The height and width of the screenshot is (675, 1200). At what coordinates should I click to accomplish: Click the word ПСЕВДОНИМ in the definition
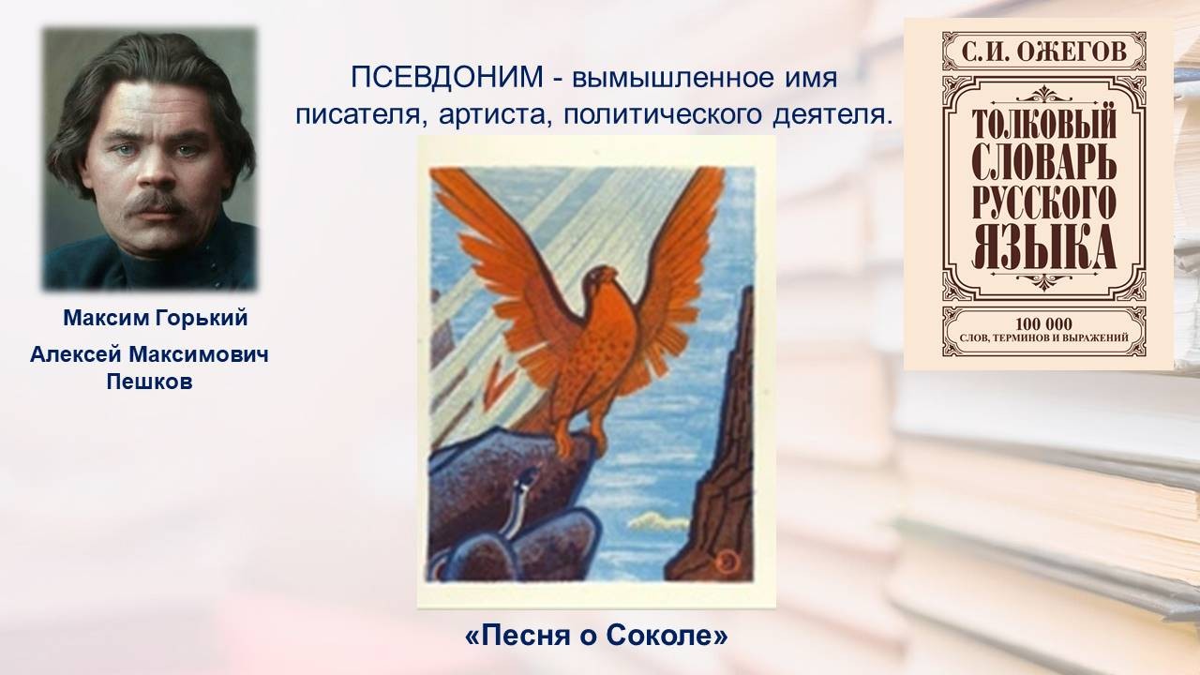coord(447,78)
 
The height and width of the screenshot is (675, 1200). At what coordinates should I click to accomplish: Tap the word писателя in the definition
coord(357,115)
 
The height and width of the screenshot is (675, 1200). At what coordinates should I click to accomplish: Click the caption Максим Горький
coord(156,318)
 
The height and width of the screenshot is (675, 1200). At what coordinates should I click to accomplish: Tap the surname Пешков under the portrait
coord(149,382)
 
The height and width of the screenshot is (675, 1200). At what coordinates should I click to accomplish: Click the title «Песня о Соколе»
coord(597,636)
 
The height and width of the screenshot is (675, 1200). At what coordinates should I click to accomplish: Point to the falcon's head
coord(601,279)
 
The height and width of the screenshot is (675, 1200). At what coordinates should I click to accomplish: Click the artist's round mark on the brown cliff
coord(727,562)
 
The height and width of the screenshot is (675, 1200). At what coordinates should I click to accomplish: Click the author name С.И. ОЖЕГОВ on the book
coord(1044,52)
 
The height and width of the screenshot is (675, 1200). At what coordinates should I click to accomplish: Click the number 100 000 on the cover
coord(1044,323)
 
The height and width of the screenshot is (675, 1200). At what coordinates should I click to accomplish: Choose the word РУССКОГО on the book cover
coord(1044,206)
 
